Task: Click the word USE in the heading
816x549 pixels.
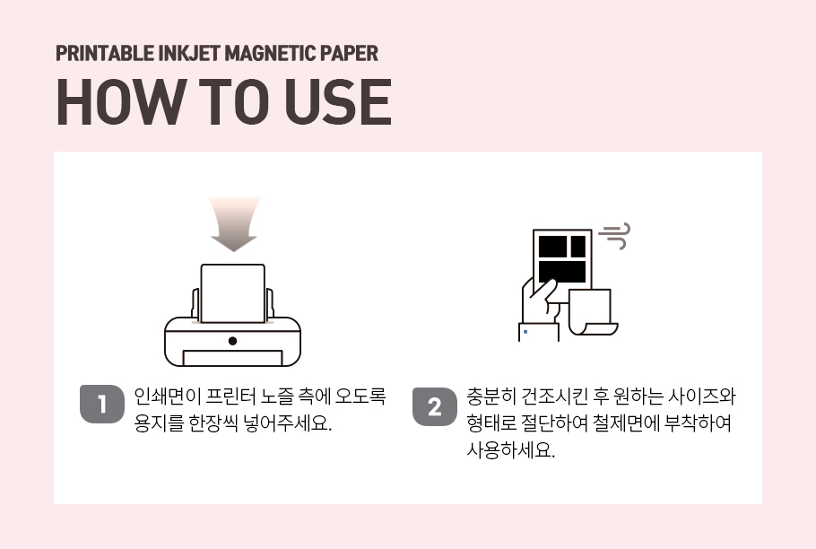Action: [338, 102]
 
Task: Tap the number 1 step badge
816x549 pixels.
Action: [102, 404]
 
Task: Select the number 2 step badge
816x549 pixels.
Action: [435, 406]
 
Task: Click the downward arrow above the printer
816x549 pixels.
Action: [234, 223]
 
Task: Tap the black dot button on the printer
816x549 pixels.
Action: [232, 341]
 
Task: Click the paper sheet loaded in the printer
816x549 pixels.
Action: [232, 293]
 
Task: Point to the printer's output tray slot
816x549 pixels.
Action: [232, 358]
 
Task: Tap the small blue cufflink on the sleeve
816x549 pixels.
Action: [525, 332]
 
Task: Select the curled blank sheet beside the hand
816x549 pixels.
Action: [593, 312]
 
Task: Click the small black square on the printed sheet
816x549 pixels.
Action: [578, 246]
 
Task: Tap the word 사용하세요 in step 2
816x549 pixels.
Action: [510, 450]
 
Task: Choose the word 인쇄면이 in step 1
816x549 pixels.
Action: [168, 396]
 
